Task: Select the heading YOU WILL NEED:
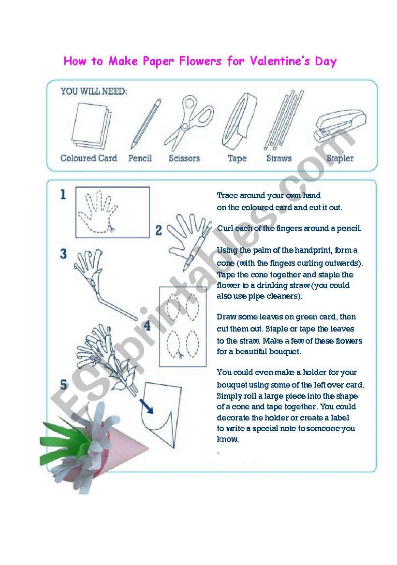[x=94, y=91]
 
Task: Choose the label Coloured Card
[x=88, y=158]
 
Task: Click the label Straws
[x=279, y=158]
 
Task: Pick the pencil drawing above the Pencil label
[x=145, y=123]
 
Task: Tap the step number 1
[x=63, y=195]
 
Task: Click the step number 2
[x=159, y=231]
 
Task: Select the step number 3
[x=63, y=254]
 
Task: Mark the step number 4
[x=147, y=326]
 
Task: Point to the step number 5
[x=63, y=385]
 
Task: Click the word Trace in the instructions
[x=227, y=196]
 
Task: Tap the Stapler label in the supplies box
[x=340, y=158]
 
